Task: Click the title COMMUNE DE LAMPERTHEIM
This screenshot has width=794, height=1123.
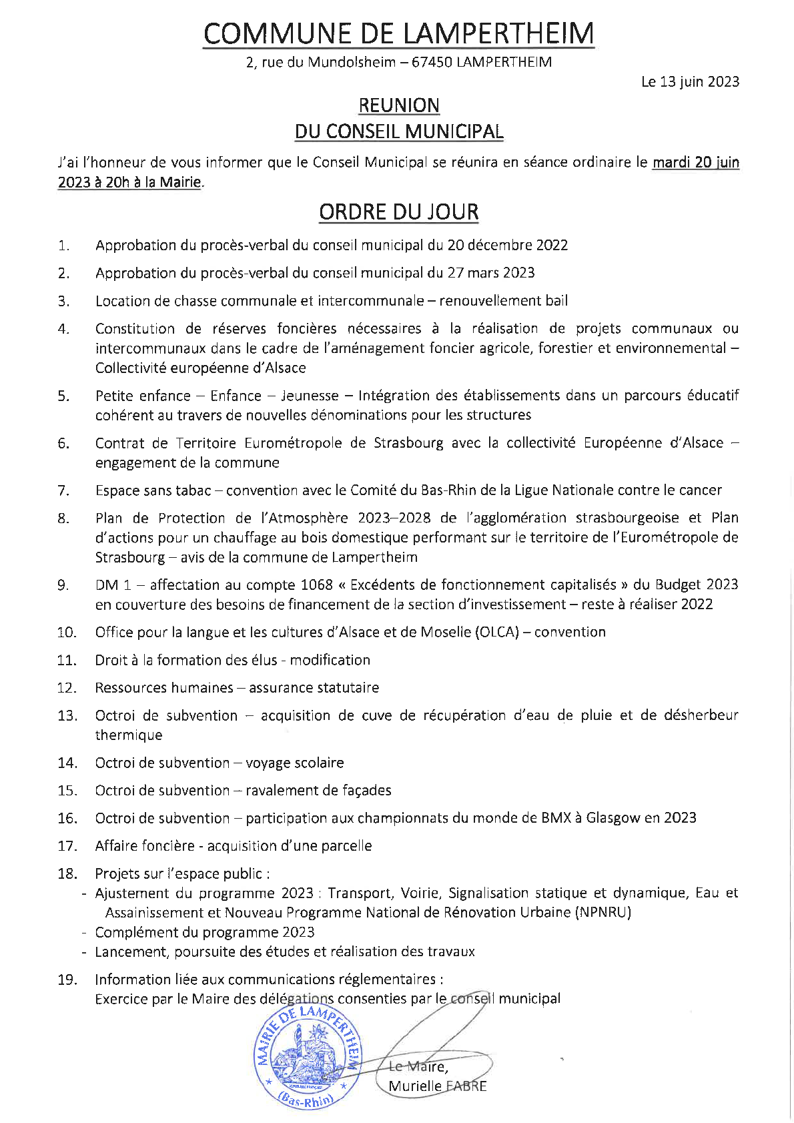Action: coord(398,33)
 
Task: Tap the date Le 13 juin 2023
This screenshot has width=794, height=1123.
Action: coord(690,81)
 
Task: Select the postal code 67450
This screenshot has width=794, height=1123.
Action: coord(432,62)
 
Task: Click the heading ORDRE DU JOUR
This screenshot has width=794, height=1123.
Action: coord(398,212)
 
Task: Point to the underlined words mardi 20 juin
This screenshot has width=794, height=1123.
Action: coord(695,162)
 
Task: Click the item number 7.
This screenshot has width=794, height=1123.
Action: coord(63,490)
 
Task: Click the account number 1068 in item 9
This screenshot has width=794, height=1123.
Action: coord(316,585)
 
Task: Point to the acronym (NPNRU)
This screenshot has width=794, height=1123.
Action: coord(603,912)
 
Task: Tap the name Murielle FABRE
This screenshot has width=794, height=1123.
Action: coord(437,1086)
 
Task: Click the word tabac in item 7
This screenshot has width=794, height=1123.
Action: coord(193,490)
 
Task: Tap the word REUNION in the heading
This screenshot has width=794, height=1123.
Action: coord(398,105)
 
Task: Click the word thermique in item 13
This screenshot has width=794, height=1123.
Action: coord(129,735)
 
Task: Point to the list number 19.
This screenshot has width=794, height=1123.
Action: coord(67,980)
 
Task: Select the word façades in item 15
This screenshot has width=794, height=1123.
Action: coord(366,791)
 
